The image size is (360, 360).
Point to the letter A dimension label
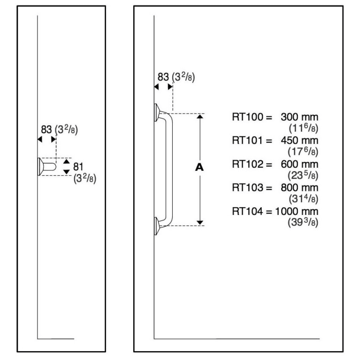(x=201, y=168)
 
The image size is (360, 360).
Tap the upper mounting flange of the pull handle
(x=156, y=113)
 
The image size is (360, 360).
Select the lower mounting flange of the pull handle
(x=156, y=225)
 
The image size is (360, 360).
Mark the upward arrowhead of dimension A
(x=201, y=116)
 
